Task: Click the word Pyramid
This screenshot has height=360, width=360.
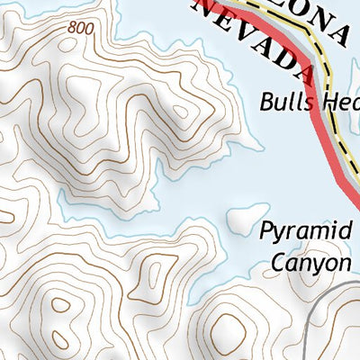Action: pyautogui.click(x=305, y=231)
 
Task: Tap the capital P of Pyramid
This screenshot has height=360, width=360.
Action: pyautogui.click(x=267, y=231)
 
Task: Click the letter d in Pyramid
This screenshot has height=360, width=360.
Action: pyautogui.click(x=343, y=229)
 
